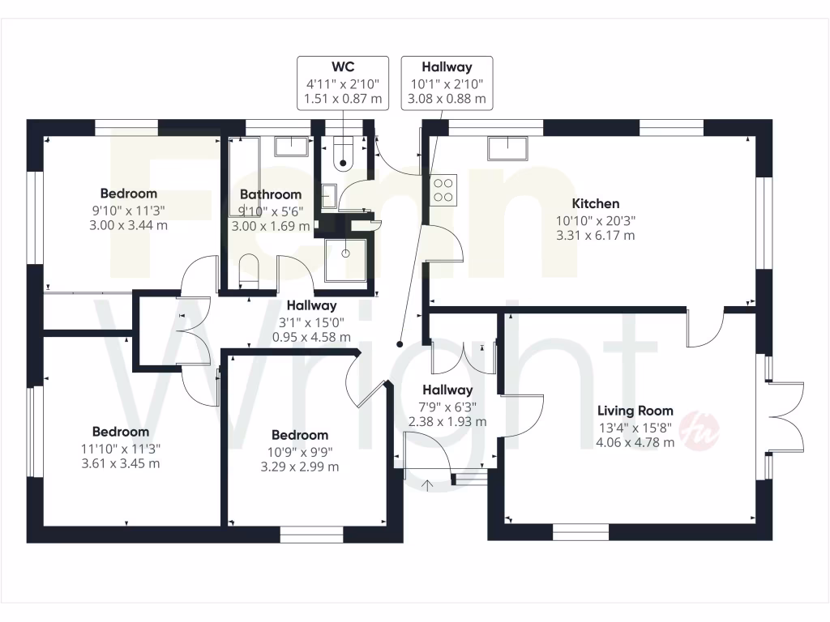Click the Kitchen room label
coord(595,204)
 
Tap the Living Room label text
coord(635,411)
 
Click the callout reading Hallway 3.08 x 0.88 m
coord(447,82)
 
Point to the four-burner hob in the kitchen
coord(443,189)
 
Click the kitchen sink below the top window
coord(507,148)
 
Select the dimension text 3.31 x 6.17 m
coord(595,236)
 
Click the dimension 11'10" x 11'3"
coord(120,448)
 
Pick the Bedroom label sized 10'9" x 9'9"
coord(299,435)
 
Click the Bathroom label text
coord(271,194)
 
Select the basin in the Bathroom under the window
coord(292,147)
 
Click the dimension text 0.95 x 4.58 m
coord(311,337)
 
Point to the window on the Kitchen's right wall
coord(762,223)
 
